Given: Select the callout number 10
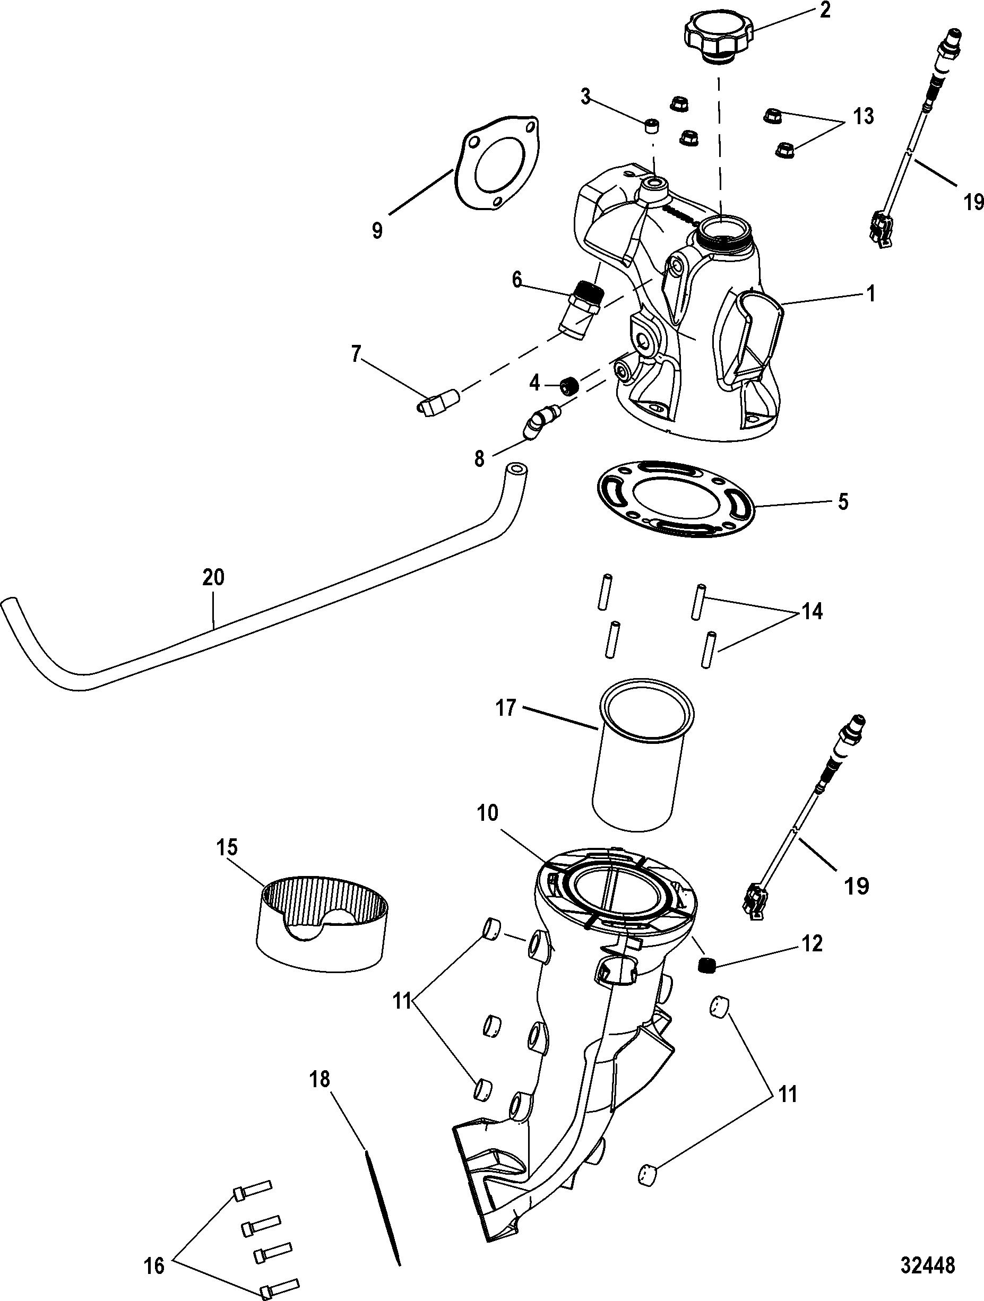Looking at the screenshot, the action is [488, 813].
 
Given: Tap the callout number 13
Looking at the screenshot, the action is [863, 116].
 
